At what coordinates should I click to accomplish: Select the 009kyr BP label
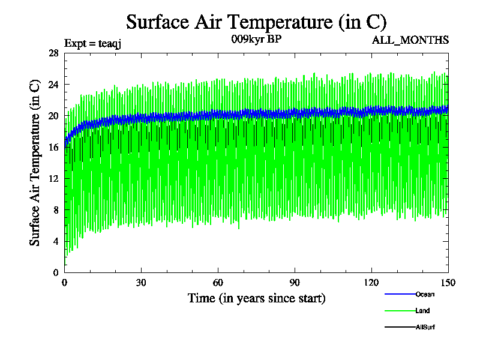256,40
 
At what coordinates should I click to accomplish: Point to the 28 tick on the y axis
53,53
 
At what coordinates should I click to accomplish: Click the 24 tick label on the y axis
53,84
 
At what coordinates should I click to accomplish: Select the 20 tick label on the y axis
53,116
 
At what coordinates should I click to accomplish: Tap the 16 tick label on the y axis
53,147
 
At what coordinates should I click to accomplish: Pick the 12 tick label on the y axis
53,178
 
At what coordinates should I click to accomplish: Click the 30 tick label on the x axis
141,283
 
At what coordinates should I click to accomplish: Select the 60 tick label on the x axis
218,283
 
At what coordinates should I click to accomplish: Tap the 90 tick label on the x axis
295,283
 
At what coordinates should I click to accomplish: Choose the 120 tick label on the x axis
371,283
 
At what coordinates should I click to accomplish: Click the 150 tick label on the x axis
448,283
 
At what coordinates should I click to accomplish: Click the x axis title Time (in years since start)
256,298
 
